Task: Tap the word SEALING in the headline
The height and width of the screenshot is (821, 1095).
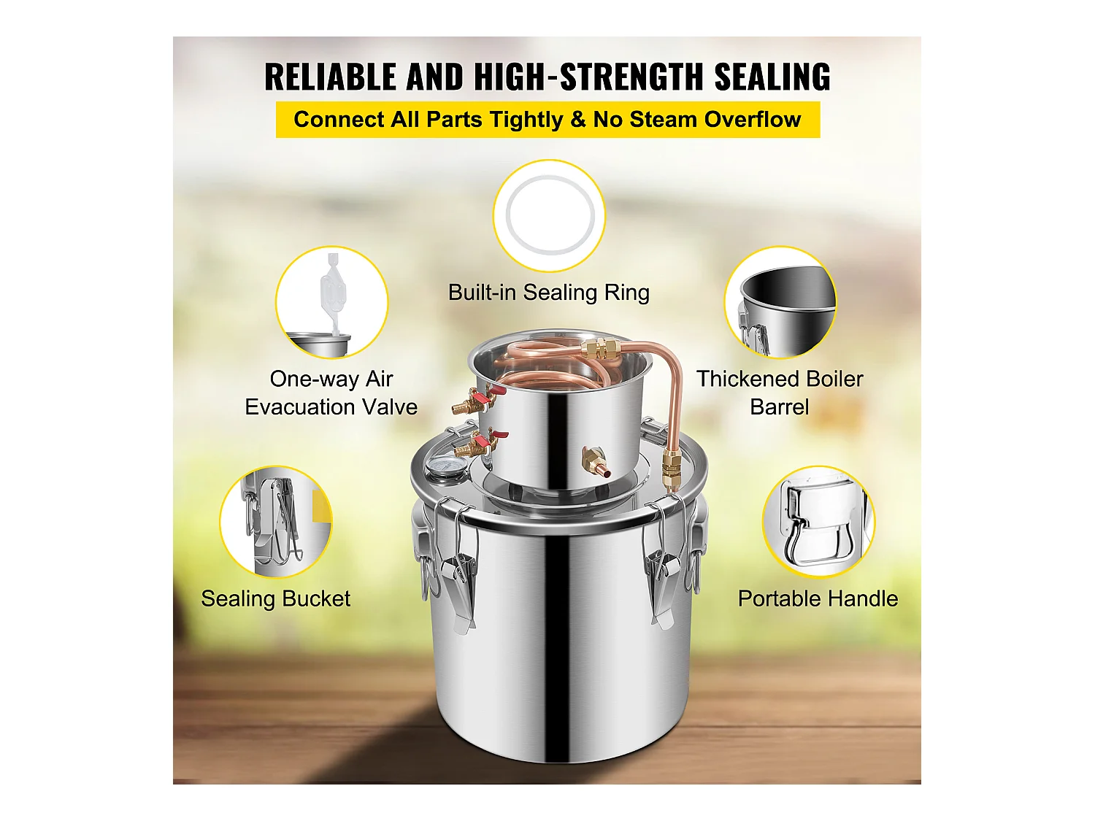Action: pos(772,77)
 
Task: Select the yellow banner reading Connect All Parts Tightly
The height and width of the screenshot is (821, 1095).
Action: pos(547,120)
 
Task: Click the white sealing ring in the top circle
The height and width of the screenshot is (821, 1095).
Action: pos(549,216)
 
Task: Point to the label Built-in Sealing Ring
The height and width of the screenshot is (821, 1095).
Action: pos(548,293)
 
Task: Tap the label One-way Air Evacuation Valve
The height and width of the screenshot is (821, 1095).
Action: pos(331,393)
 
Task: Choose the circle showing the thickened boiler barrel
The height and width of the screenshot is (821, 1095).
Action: pos(780,302)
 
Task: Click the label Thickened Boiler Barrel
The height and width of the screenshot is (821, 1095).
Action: pos(780,393)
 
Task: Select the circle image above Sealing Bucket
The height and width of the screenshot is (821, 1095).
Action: pos(276,522)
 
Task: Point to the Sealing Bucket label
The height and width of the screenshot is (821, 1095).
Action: pos(276,599)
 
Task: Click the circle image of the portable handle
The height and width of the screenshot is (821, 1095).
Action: pos(818,522)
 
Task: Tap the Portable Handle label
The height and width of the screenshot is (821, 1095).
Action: pos(818,599)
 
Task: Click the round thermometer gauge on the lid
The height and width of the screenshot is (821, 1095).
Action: pos(438,467)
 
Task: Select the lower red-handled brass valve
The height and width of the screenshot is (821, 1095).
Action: pos(478,443)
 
